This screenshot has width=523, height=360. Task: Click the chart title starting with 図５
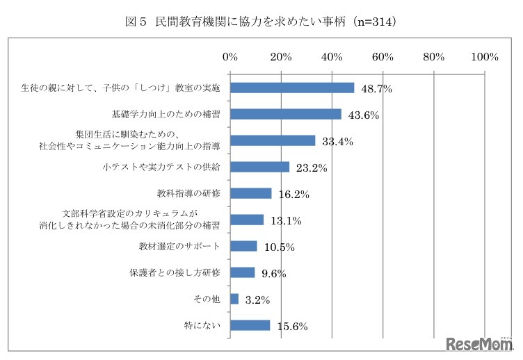pyautogui.click(x=261, y=22)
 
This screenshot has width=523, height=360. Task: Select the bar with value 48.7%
pyautogui.click(x=292, y=88)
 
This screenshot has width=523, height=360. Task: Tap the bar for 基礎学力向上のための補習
pyautogui.click(x=285, y=114)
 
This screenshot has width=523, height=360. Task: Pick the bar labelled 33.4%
pyautogui.click(x=273, y=140)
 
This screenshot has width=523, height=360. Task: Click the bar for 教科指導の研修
pyautogui.click(x=250, y=193)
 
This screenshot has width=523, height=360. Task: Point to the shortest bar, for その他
pyautogui.click(x=234, y=299)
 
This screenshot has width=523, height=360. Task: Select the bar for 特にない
pyautogui.click(x=250, y=325)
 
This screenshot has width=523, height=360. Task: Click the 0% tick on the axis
pyautogui.click(x=230, y=57)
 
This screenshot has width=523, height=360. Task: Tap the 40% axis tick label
pyautogui.click(x=332, y=57)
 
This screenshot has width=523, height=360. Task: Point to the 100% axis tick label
pyautogui.click(x=484, y=57)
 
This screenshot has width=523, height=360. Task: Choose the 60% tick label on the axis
pyautogui.click(x=383, y=57)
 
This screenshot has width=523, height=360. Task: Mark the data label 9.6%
pyautogui.click(x=273, y=274)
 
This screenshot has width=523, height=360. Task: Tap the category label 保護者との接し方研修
pyautogui.click(x=175, y=272)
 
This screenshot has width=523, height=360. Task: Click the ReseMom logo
pyautogui.click(x=478, y=344)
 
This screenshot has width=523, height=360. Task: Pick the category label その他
pyautogui.click(x=207, y=299)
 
